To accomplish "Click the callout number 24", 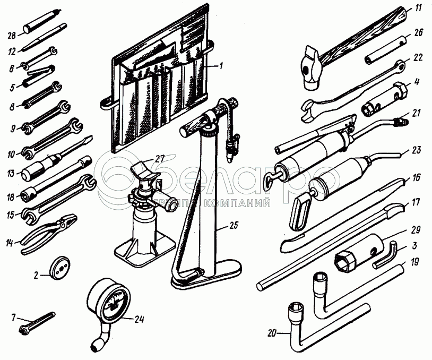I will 140,319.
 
